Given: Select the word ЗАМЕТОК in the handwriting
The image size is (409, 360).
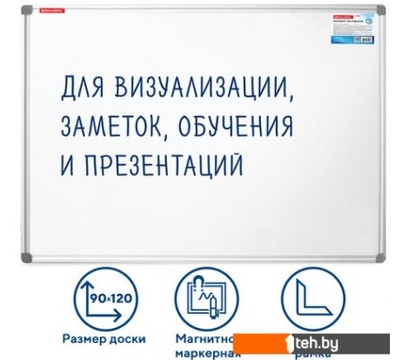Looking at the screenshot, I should (x=115, y=126).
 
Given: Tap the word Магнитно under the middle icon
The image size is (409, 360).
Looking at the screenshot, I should (x=203, y=338).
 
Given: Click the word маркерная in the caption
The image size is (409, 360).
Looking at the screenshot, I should (x=203, y=354).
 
